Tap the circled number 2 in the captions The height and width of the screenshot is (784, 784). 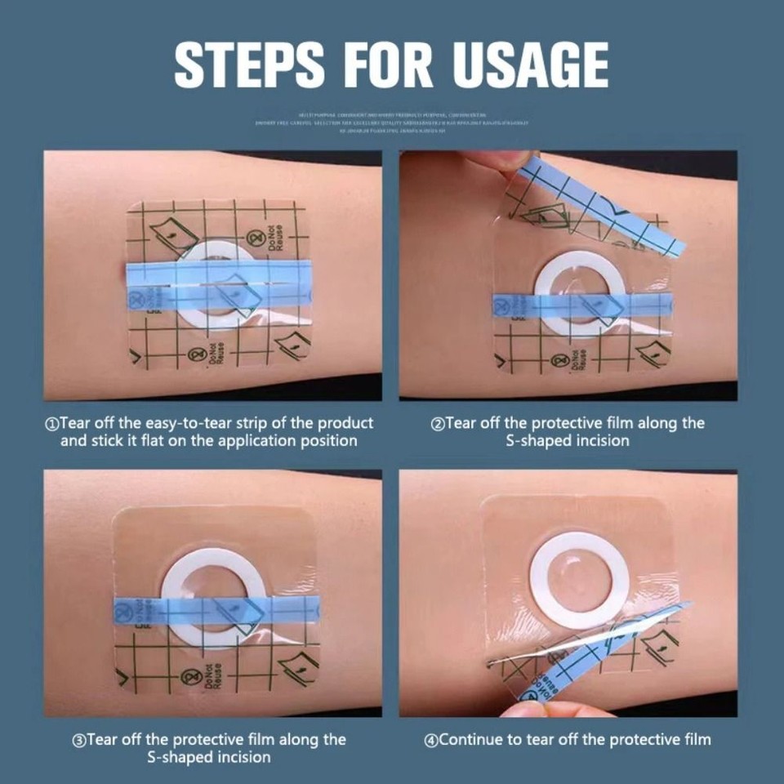click(x=438, y=424)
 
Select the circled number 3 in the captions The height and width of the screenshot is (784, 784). click(x=79, y=741)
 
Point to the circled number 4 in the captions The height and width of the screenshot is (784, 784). click(x=431, y=741)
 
